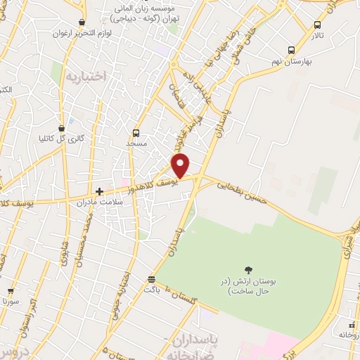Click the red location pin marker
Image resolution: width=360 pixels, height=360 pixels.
pyautogui.click(x=181, y=164)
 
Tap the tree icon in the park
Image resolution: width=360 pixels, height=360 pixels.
pyautogui.click(x=247, y=269)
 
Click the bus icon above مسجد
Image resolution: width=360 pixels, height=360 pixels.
pyautogui.click(x=136, y=132)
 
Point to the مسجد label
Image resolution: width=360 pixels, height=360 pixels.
pyautogui.click(x=136, y=143)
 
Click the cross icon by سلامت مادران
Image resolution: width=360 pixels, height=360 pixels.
pyautogui.click(x=100, y=191)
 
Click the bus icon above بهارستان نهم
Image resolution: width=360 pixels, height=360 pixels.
pyautogui.click(x=291, y=50)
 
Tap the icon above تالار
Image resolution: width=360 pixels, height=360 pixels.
pyautogui.click(x=317, y=25)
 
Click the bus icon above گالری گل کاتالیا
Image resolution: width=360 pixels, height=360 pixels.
pyautogui.click(x=63, y=128)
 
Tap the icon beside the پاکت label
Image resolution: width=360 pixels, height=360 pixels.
pyautogui.click(x=153, y=279)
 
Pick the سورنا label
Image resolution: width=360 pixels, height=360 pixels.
pyautogui.click(x=10, y=301)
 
